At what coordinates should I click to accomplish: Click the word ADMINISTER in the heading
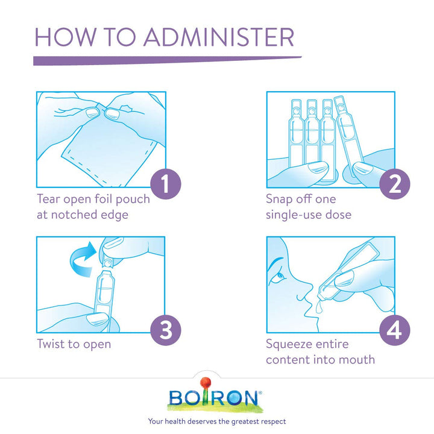pyautogui.click(x=219, y=37)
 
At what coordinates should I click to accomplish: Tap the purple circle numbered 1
pyautogui.click(x=166, y=184)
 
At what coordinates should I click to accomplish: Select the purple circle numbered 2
pyautogui.click(x=395, y=184)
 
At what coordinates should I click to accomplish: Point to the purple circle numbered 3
pyautogui.click(x=166, y=330)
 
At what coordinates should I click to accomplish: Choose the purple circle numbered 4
pyautogui.click(x=395, y=330)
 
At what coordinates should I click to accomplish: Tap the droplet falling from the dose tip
pyautogui.click(x=318, y=307)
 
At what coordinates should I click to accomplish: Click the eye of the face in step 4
pyautogui.click(x=280, y=276)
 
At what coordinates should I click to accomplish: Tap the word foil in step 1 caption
pyautogui.click(x=104, y=199)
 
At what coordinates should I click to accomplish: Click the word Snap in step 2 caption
pyautogui.click(x=278, y=200)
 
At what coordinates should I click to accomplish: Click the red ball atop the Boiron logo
pyautogui.click(x=206, y=383)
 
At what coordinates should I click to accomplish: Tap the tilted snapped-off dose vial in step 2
pyautogui.click(x=348, y=136)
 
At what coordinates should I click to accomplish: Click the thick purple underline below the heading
pyautogui.click(x=167, y=61)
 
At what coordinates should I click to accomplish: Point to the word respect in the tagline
pyautogui.click(x=274, y=421)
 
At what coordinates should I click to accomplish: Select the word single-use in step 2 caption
pyautogui.click(x=294, y=215)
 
